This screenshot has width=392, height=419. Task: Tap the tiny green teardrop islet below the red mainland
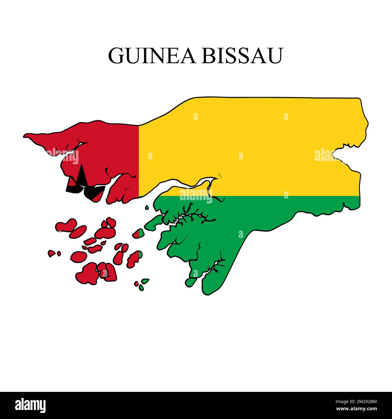pos(147,207)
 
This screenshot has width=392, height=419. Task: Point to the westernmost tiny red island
pos(52,253)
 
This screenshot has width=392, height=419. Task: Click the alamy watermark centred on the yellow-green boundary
pos(196,196)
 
